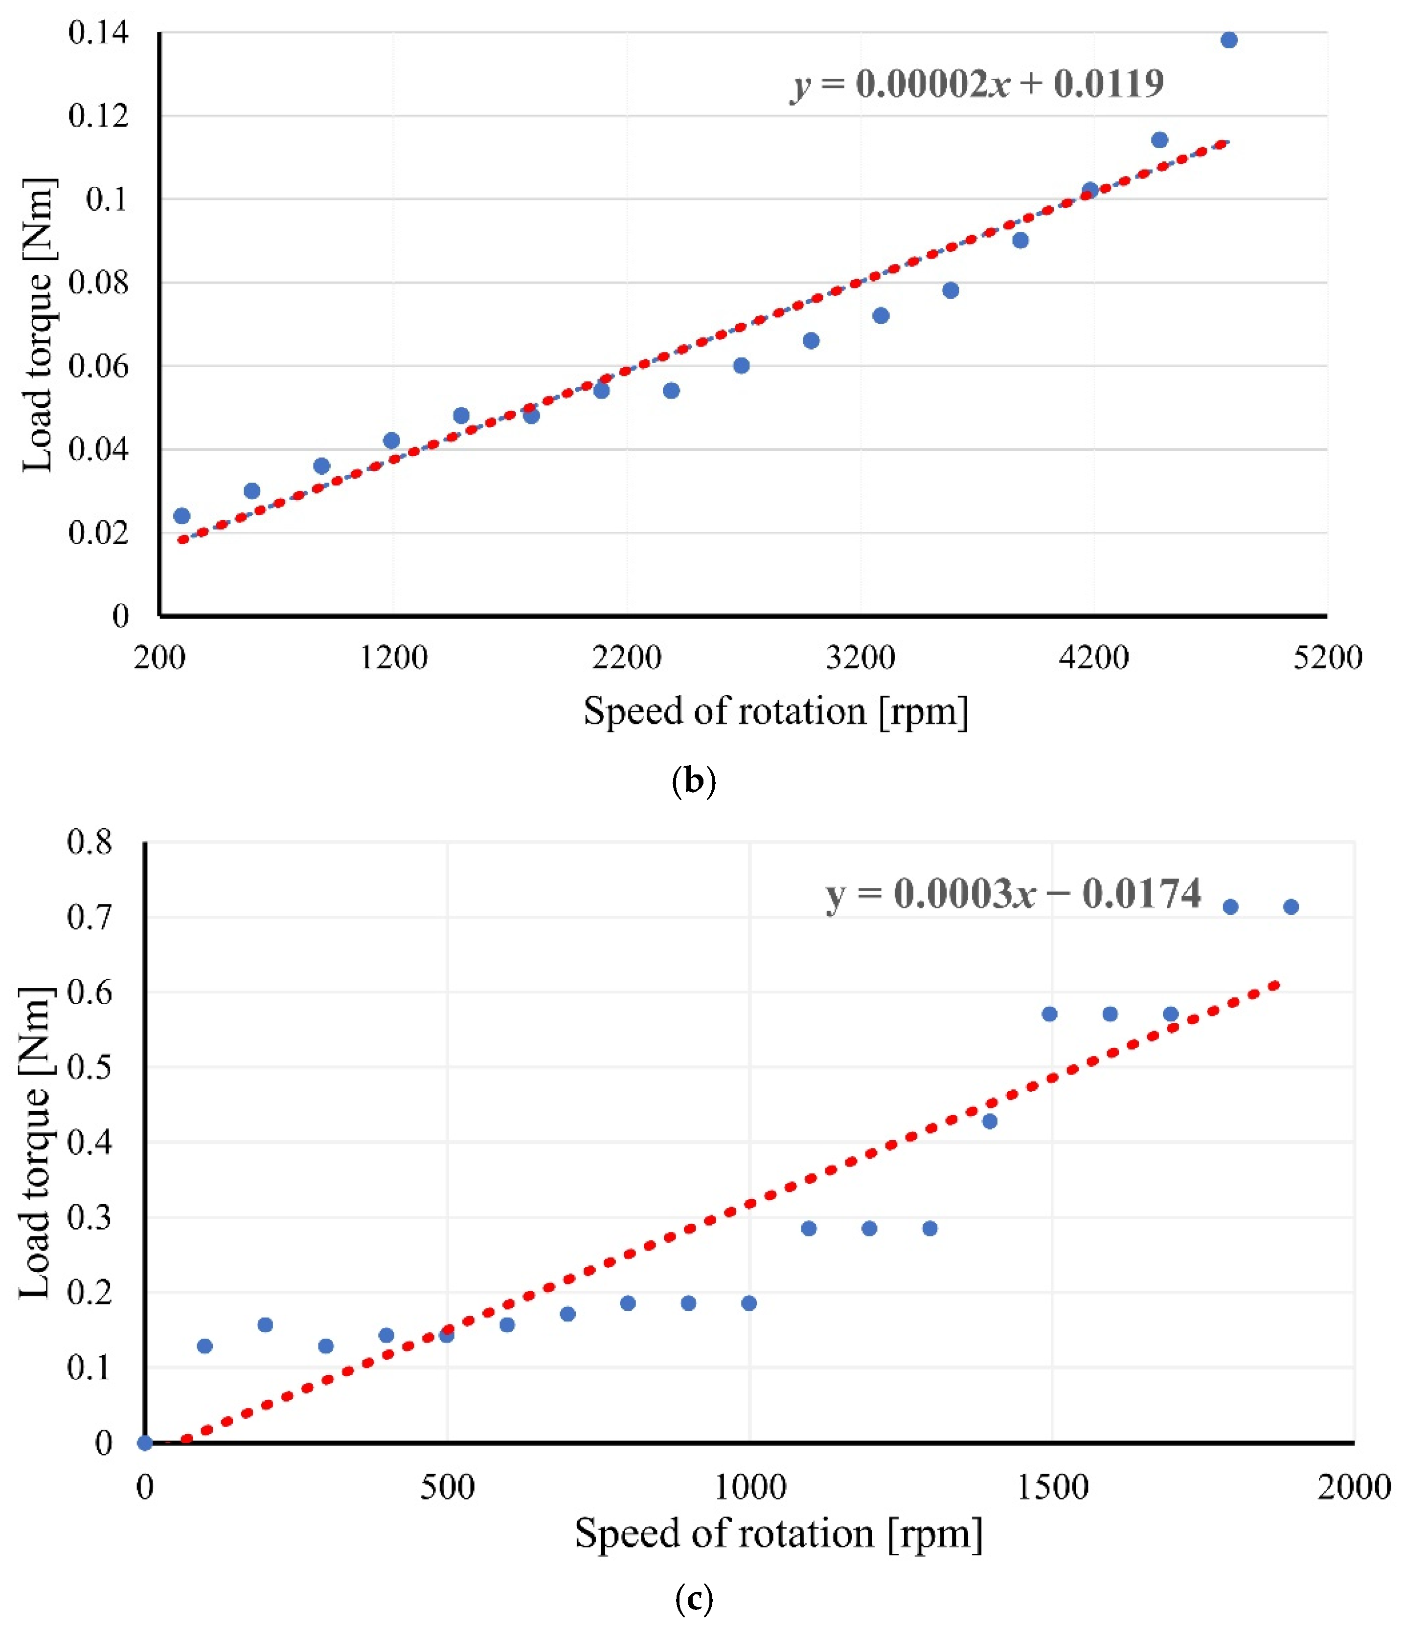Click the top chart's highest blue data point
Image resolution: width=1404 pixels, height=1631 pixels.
1228,40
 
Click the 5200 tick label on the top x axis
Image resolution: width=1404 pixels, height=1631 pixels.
1327,657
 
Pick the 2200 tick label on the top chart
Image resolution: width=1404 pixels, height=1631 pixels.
627,657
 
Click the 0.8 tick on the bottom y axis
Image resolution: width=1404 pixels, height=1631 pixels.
90,842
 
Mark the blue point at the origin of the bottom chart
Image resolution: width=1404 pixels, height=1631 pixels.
145,1443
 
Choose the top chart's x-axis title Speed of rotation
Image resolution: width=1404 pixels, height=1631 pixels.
776,711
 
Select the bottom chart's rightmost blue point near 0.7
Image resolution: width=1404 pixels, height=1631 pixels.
1291,907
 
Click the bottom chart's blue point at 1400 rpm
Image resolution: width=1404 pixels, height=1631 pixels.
990,1121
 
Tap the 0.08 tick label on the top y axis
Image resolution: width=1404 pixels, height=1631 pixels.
98,283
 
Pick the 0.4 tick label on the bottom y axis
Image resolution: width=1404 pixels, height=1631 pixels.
90,1142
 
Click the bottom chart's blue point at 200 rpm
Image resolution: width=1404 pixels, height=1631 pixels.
265,1325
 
